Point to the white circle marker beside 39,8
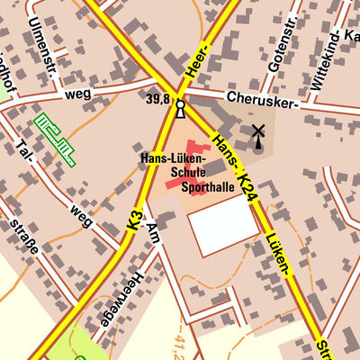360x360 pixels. [180, 105]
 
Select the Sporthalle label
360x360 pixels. [203, 188]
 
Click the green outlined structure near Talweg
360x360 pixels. [53, 139]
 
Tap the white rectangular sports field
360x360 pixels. [222, 225]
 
